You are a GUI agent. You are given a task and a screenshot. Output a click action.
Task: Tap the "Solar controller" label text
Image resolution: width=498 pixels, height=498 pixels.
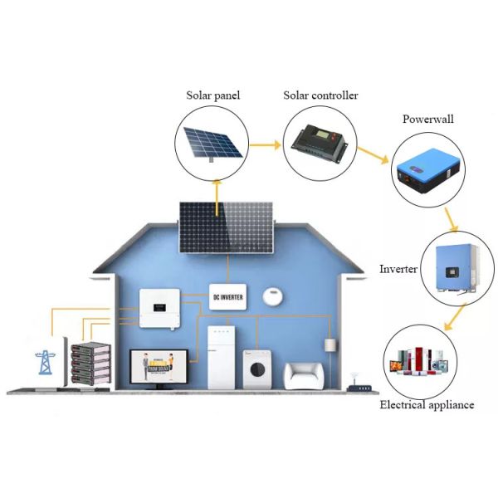coord(320,95)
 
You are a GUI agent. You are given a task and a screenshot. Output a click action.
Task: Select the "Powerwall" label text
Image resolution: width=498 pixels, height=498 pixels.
coord(428,119)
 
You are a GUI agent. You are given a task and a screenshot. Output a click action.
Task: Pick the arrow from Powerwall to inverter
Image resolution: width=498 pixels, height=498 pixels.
coord(451,220)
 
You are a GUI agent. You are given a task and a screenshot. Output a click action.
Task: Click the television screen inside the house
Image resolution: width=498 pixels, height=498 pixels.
coord(158,366)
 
